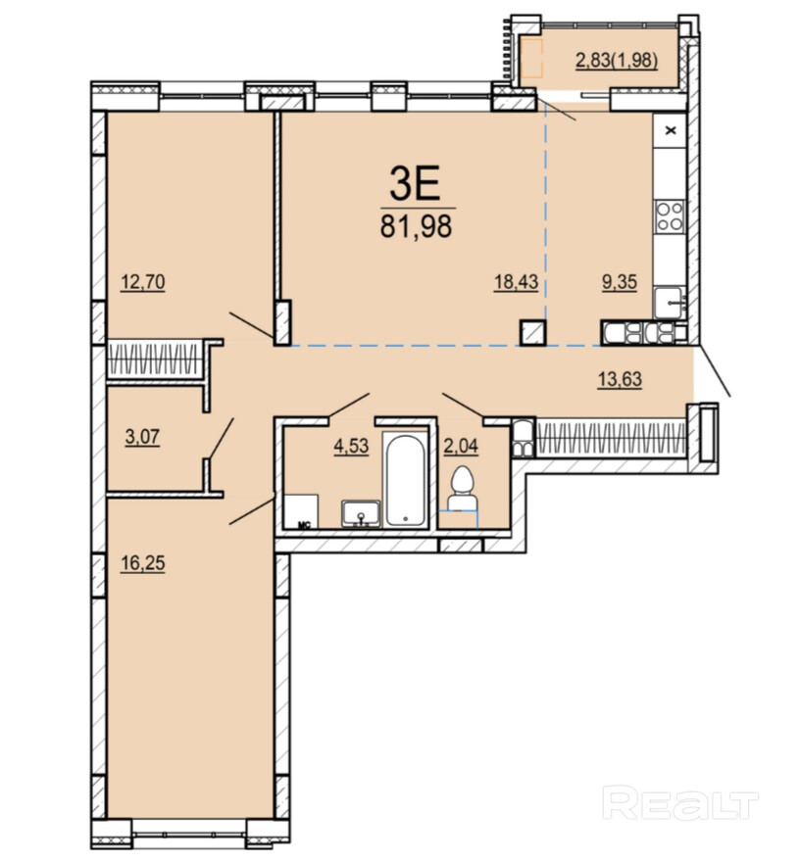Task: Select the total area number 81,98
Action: pos(416,226)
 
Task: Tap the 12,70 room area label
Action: pos(143,282)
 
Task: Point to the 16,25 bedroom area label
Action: pos(143,563)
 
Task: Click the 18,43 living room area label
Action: pos(516,282)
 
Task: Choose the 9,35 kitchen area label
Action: pos(620,282)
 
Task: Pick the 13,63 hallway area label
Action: pos(620,379)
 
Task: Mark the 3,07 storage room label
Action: pos(142,437)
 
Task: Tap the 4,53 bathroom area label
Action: pos(352,446)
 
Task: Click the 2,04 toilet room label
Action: pos(461,446)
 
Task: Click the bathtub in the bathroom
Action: pos(405,480)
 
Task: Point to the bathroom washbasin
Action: pos(361,514)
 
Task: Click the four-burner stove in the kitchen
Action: pos(671,216)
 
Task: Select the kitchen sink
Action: pos(669,303)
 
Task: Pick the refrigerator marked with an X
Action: pos(671,131)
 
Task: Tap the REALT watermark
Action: pos(681,805)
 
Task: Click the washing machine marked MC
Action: pos(302,511)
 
